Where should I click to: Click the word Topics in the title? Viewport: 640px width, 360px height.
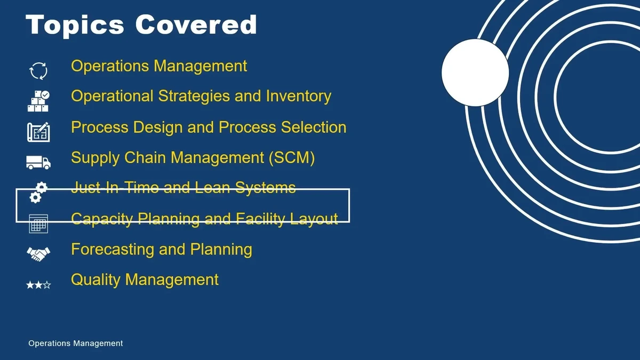pos(75,26)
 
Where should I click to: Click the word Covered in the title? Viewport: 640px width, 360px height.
pos(196,25)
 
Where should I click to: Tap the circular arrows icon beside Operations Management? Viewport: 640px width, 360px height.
pos(38,71)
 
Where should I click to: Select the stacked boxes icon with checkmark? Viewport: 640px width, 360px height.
pos(38,101)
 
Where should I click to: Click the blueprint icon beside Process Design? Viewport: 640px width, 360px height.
pos(38,132)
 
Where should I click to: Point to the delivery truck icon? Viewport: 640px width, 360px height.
pos(38,163)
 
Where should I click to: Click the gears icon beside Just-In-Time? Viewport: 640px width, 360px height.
pos(38,193)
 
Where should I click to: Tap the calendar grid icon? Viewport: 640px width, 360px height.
pos(38,223)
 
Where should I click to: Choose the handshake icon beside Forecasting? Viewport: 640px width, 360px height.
pos(38,254)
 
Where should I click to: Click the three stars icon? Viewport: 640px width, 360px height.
pos(38,285)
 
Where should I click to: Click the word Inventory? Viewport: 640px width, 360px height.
pos(298,97)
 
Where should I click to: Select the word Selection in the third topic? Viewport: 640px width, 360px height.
pos(314,127)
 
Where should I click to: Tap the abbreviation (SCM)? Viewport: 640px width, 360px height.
pos(292,158)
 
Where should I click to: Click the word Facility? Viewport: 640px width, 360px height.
pos(260,219)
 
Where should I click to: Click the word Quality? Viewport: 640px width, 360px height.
pos(95,280)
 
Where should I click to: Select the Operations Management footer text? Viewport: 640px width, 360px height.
pos(75,343)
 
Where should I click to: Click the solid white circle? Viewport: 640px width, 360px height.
pos(475,73)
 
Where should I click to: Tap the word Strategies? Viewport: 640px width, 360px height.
pos(194,97)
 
